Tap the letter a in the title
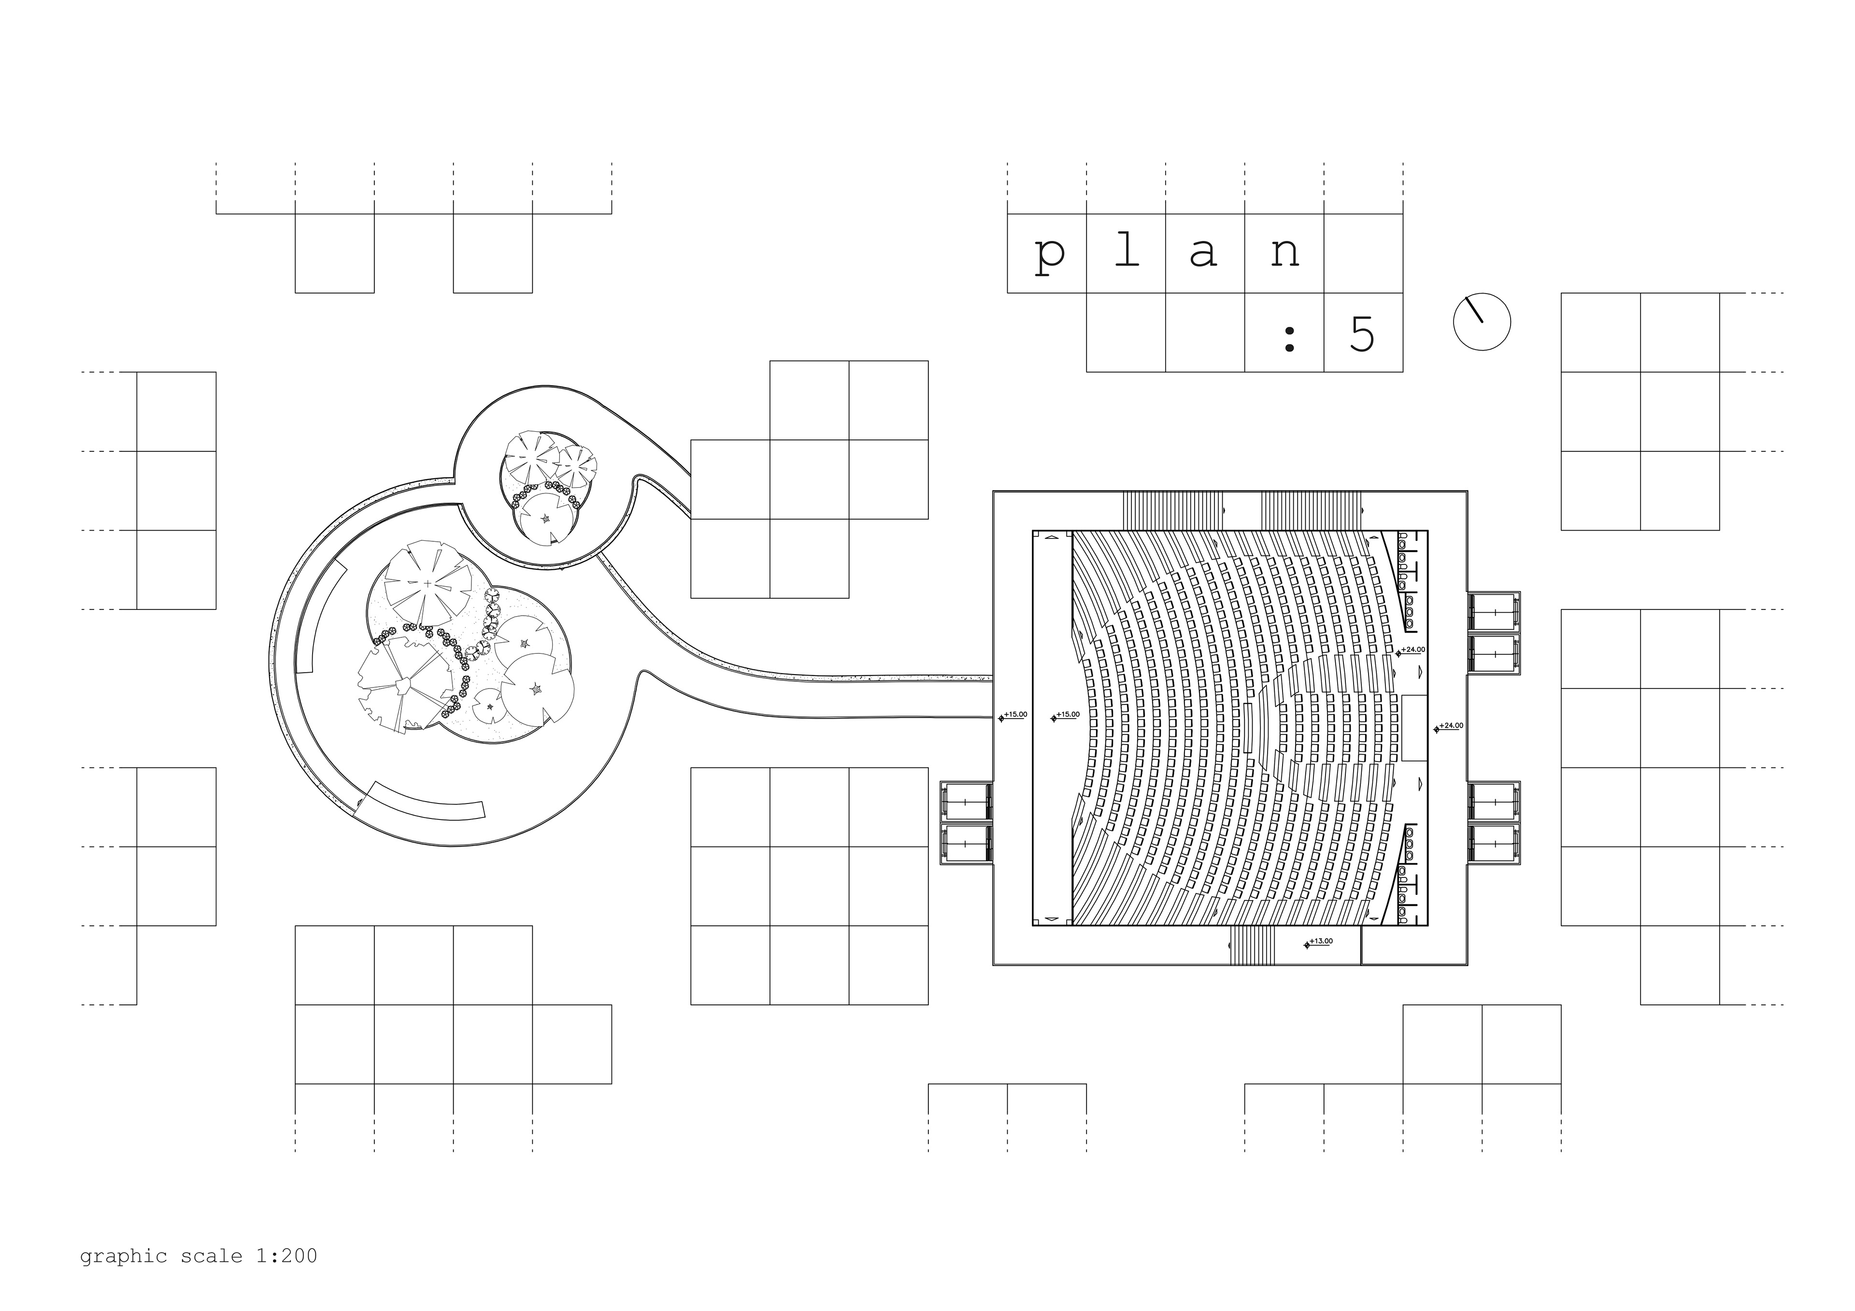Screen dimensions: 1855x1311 [1204, 254]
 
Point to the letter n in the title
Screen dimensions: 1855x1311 [1284, 254]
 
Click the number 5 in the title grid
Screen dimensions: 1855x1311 [1362, 333]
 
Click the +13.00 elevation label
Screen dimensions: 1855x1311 [1320, 941]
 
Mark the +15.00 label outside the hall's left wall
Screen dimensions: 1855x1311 [1015, 715]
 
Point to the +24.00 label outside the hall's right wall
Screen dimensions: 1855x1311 [1451, 725]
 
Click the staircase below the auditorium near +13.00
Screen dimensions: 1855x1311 [1252, 944]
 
